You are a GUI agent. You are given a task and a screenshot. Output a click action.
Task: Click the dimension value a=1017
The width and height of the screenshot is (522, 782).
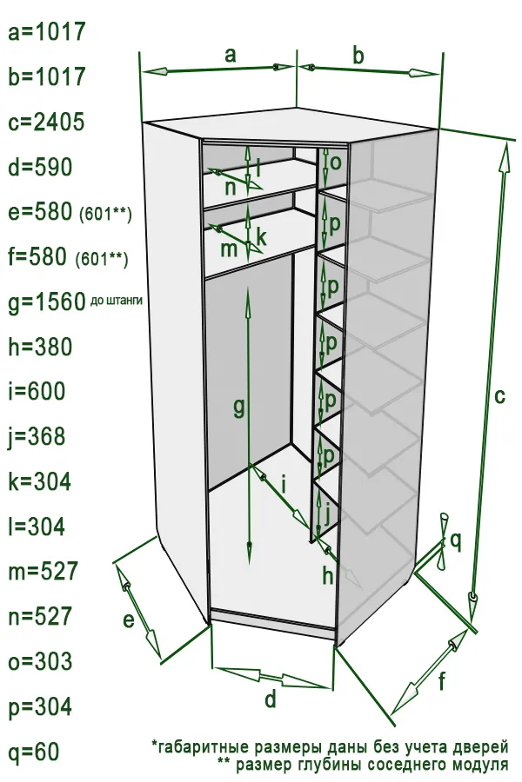pos(47,32)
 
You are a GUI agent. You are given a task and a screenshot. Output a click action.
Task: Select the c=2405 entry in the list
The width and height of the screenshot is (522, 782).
pos(46,123)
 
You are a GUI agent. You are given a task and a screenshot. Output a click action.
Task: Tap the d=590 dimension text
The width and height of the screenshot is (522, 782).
pos(41,167)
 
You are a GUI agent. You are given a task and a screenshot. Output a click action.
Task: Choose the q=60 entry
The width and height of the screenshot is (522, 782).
pos(34,752)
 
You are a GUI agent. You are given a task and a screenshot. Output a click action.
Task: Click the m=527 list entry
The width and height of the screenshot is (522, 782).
pos(43,572)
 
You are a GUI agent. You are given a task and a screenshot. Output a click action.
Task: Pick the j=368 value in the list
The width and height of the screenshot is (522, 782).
pos(37,437)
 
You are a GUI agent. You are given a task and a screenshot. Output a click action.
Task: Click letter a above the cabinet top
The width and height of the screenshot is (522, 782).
pos(230,55)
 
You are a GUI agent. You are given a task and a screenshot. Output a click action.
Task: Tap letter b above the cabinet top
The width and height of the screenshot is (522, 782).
pos(358,56)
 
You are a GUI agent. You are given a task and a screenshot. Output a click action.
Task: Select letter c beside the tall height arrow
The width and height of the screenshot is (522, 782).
pos(499,396)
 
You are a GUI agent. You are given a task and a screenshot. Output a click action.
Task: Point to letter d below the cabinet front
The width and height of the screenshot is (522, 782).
pos(271,699)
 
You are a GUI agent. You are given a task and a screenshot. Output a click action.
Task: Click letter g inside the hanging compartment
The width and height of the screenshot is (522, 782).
pos(239,408)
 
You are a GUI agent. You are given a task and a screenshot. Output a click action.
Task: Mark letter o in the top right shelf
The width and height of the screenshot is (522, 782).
pos(336,162)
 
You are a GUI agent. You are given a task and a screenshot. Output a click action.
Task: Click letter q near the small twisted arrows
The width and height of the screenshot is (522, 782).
pos(457,541)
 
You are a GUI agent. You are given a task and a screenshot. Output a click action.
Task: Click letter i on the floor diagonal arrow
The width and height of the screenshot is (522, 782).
pos(284,483)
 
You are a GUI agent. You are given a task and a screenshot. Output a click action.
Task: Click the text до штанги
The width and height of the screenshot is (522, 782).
pos(117,301)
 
